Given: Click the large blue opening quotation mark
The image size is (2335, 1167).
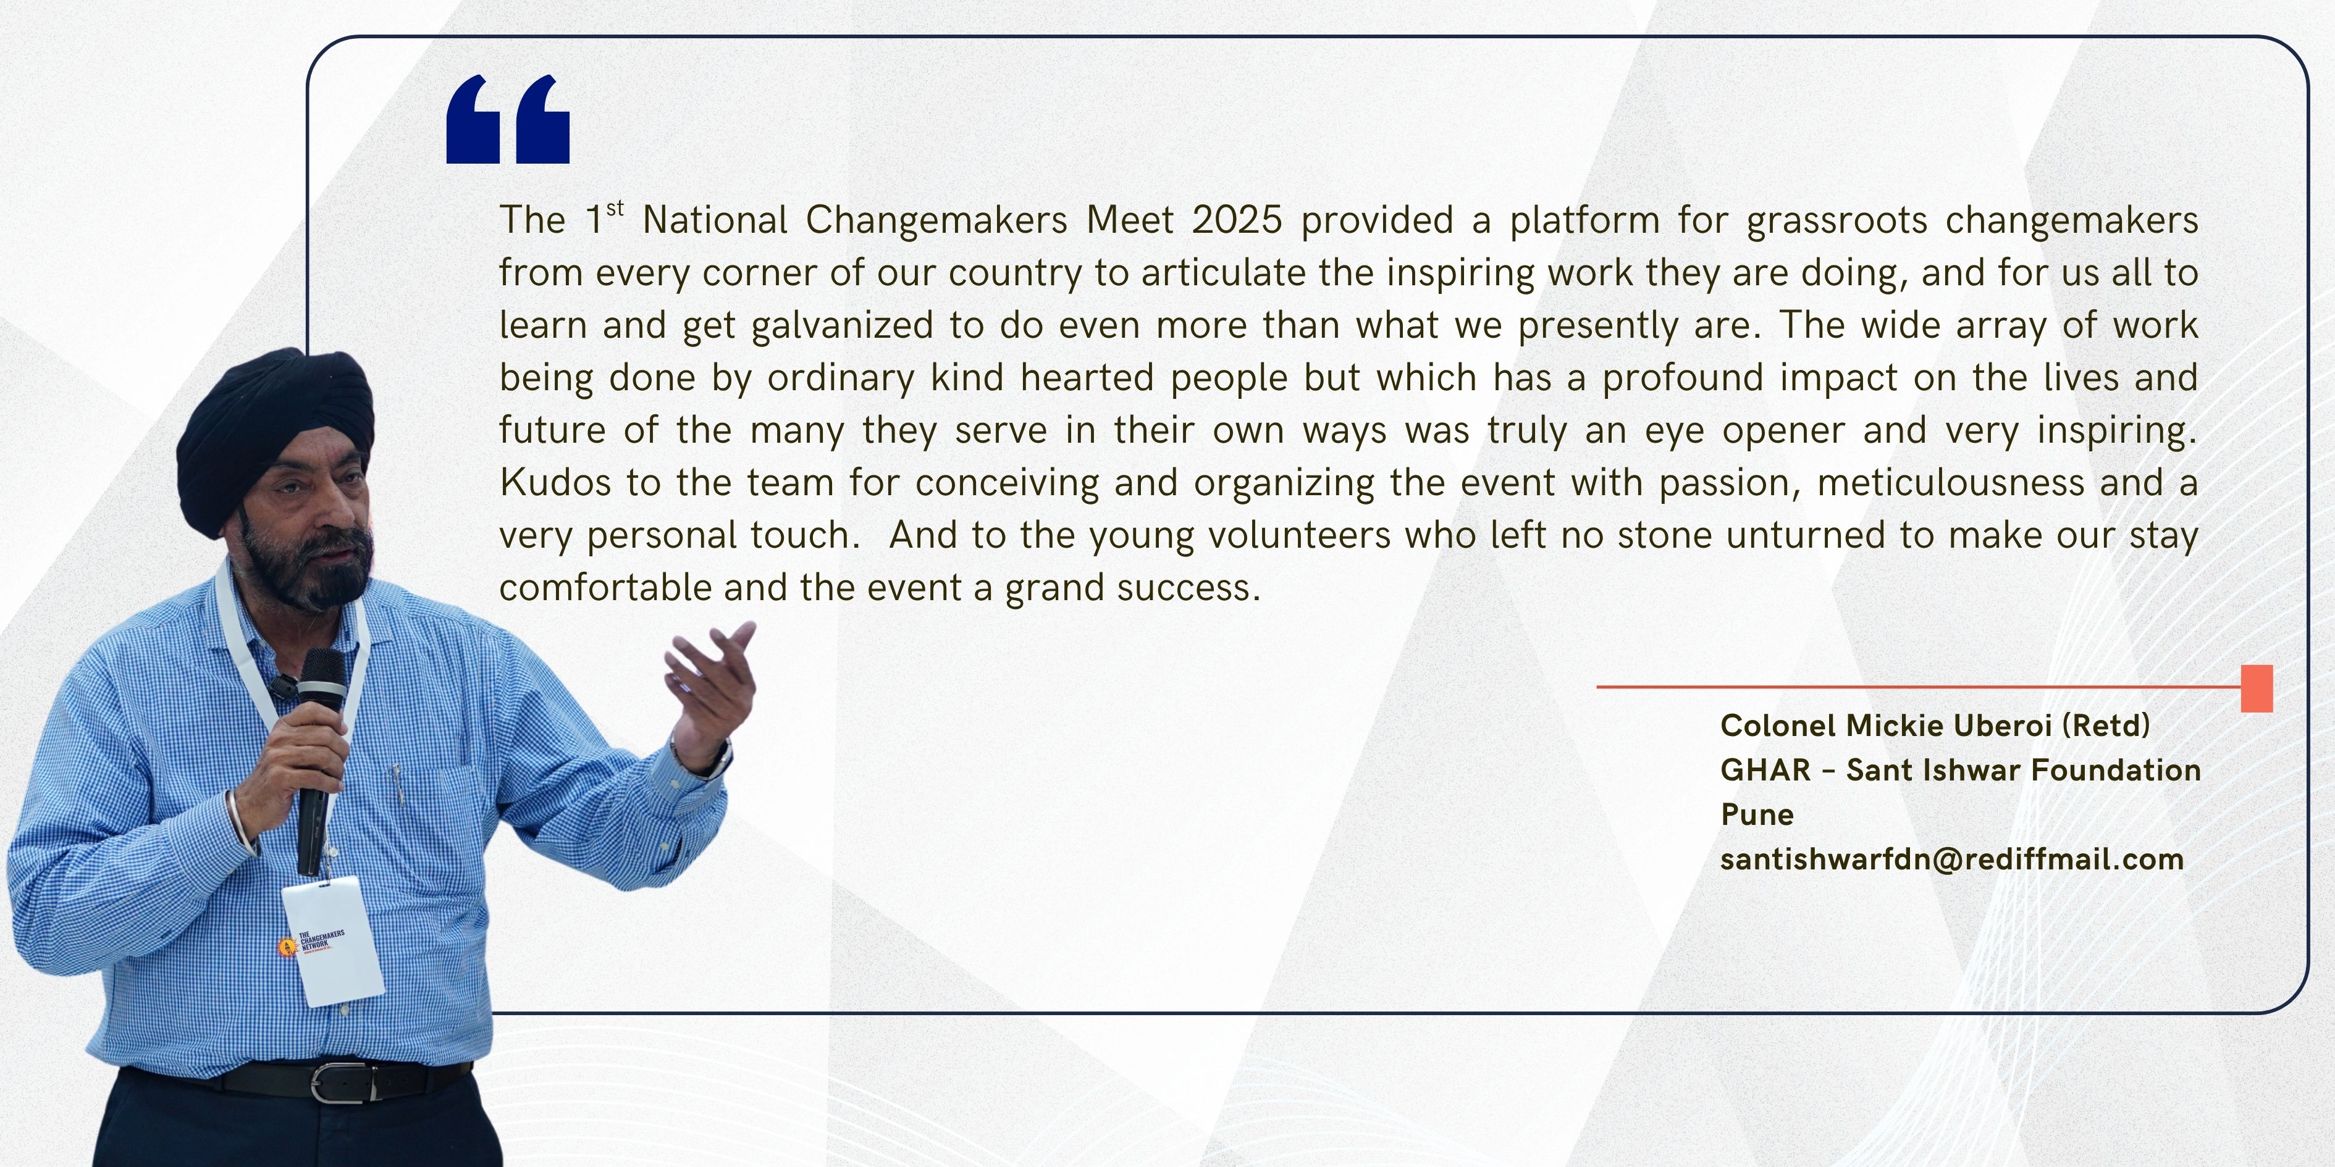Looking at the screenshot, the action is coord(508,120).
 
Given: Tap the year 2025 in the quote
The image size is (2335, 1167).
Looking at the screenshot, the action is coord(1237,220).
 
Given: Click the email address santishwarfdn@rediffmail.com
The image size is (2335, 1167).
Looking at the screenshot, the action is coord(1951,859).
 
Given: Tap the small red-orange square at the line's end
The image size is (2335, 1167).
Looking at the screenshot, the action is coord(2256,688).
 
